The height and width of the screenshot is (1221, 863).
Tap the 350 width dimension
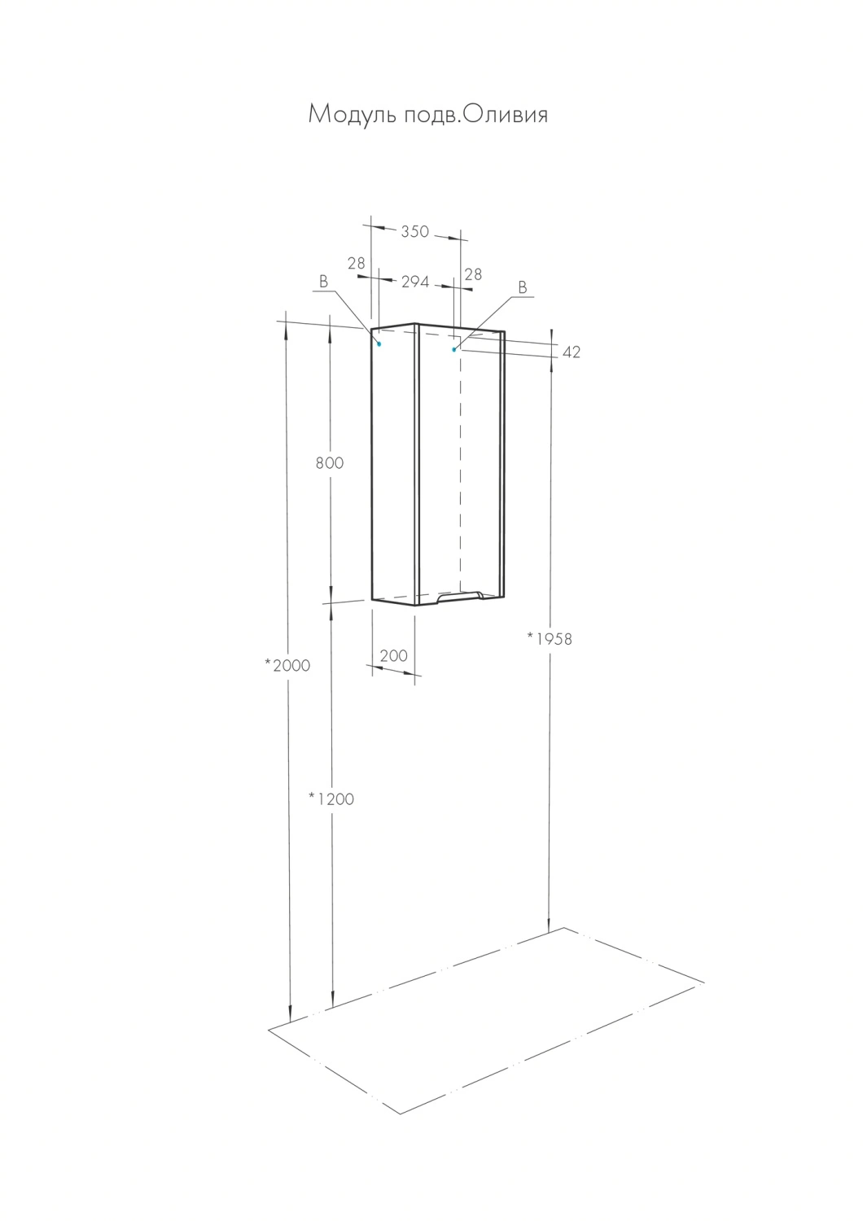[x=415, y=232]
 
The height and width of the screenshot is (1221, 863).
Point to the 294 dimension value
[x=415, y=282]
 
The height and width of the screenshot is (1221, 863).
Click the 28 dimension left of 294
[x=356, y=264]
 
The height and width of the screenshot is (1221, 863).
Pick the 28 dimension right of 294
[x=473, y=274]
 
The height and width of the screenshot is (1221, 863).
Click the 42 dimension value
[x=571, y=352]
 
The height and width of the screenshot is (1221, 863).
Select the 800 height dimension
[x=330, y=463]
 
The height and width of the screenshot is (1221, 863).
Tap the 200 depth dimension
[x=393, y=655]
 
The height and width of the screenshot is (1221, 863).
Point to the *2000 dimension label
[x=287, y=665]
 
